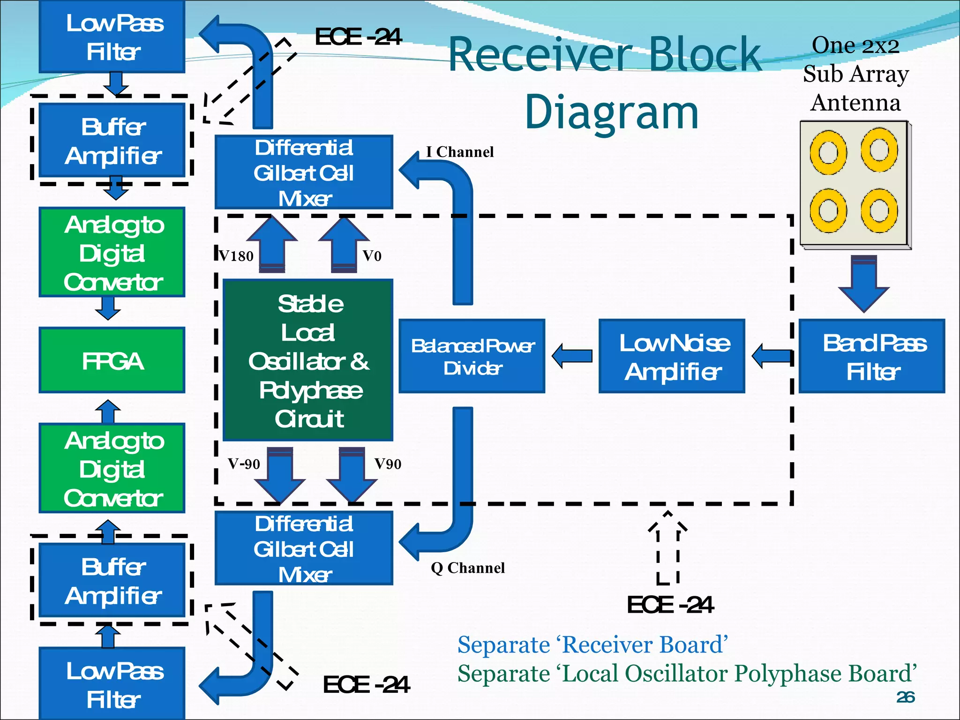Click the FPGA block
pyautogui.click(x=112, y=360)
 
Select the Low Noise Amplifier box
pyautogui.click(x=671, y=356)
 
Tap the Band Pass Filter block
pyautogui.click(x=871, y=356)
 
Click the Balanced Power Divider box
pyautogui.click(x=472, y=356)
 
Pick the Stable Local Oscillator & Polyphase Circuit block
pyautogui.click(x=308, y=360)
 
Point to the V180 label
pyautogui.click(x=236, y=256)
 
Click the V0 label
pyautogui.click(x=372, y=256)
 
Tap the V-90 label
pyautogui.click(x=244, y=464)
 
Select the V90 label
pyautogui.click(x=388, y=464)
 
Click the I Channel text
pyautogui.click(x=459, y=152)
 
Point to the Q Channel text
pyautogui.click(x=467, y=568)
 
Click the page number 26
pyautogui.click(x=905, y=697)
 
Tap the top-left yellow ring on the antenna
pyautogui.click(x=828, y=153)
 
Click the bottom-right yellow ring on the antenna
pyautogui.click(x=879, y=211)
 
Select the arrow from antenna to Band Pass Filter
pyautogui.click(x=863, y=284)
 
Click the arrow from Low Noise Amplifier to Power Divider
pyautogui.click(x=572, y=356)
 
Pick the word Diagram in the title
pyautogui.click(x=611, y=112)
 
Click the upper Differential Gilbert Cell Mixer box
pyautogui.click(x=304, y=172)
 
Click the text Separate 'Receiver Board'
pyautogui.click(x=592, y=645)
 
